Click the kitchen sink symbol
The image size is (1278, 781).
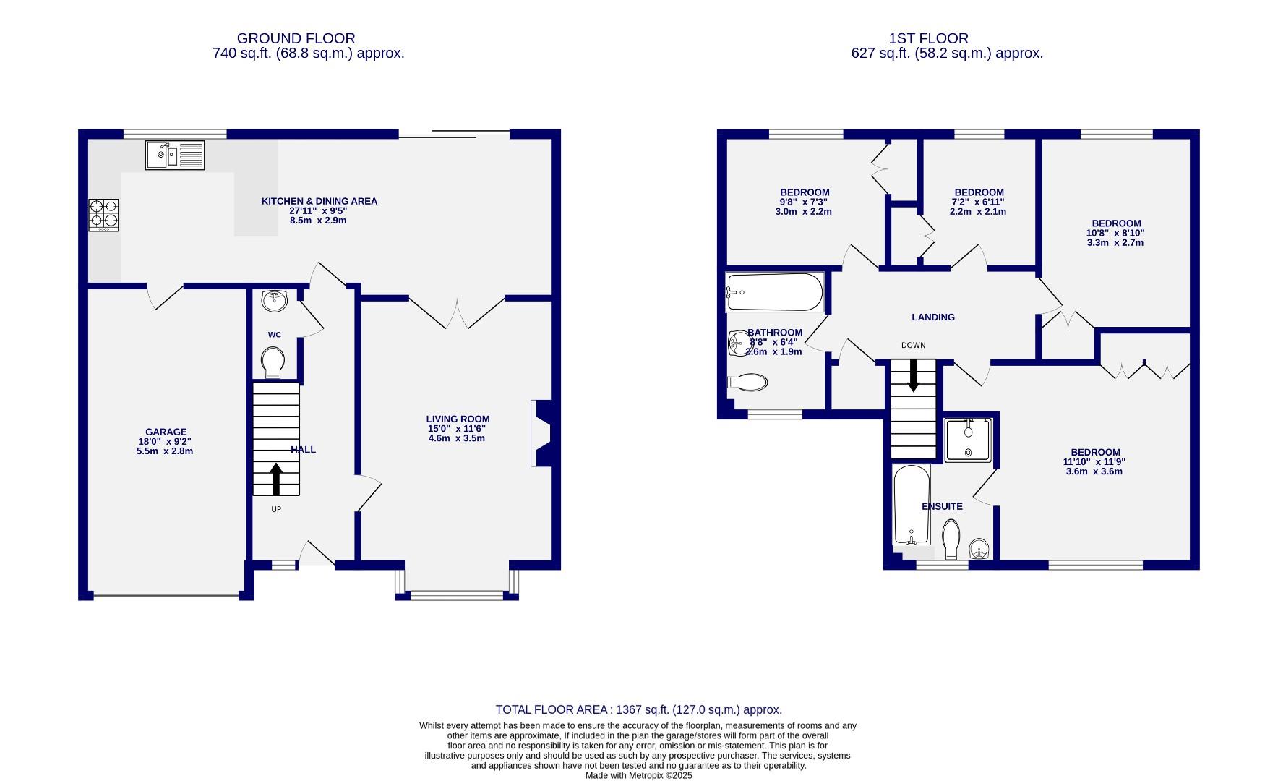click(175, 155)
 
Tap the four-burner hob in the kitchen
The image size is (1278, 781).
click(103, 214)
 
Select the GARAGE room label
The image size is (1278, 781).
click(166, 432)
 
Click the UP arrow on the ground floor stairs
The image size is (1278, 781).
click(275, 479)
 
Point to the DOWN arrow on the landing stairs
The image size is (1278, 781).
click(913, 375)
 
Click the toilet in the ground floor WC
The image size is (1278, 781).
click(273, 362)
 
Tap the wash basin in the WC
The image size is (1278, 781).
click(275, 300)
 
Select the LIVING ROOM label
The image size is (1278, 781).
click(458, 419)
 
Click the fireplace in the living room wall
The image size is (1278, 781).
click(542, 434)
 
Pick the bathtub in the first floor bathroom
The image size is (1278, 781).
click(775, 292)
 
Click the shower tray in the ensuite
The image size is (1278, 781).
click(969, 439)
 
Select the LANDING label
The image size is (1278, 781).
click(932, 317)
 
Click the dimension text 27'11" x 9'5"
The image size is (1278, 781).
click(318, 210)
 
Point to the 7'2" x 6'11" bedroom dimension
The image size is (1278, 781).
click(977, 202)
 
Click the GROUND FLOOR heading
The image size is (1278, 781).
click(296, 38)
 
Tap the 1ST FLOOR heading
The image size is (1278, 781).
click(928, 38)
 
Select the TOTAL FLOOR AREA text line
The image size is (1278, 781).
click(638, 709)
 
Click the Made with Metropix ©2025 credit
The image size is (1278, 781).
click(638, 775)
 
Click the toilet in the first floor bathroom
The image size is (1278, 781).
click(749, 382)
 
